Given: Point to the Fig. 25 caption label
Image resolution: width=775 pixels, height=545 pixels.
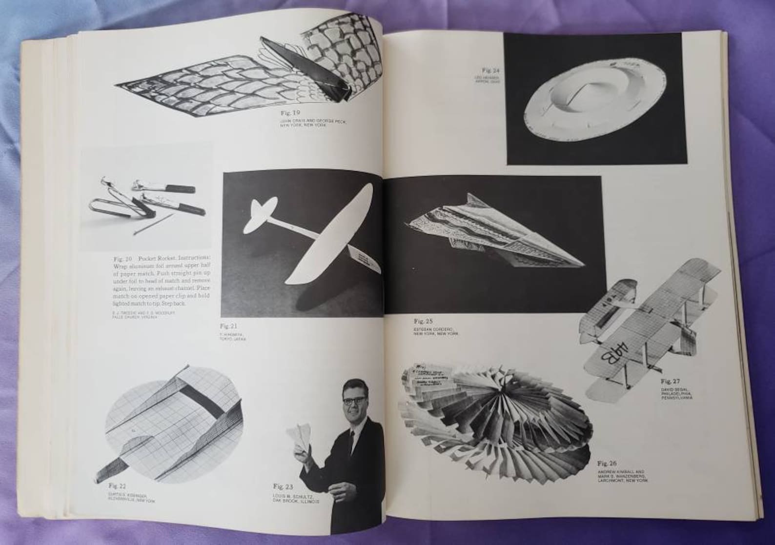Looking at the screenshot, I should tap(423, 321).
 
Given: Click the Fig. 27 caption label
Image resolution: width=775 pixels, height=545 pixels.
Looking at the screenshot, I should tap(671, 381).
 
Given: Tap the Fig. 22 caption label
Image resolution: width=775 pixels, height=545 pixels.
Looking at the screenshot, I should tap(117, 485).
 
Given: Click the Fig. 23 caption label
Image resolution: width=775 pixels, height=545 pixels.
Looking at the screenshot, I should tap(283, 486).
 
